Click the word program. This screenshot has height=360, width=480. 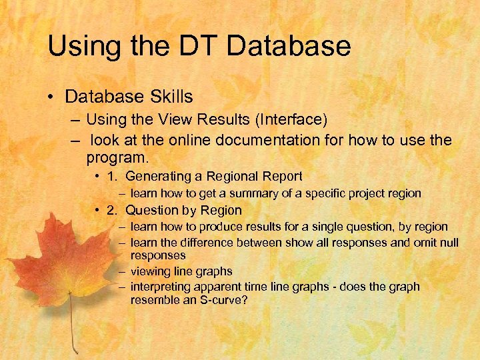[x=117, y=158]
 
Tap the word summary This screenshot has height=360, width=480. [x=251, y=193]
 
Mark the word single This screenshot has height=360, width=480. [x=332, y=227]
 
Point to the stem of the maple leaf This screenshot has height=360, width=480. [x=72, y=330]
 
